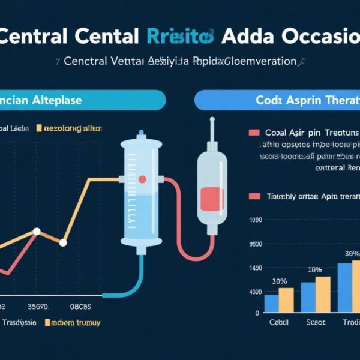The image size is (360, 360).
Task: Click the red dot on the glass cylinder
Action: [x=142, y=179]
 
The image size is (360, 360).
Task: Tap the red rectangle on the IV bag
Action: [x=212, y=199]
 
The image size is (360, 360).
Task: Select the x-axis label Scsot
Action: [x=315, y=322]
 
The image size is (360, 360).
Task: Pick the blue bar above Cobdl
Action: [x=271, y=303]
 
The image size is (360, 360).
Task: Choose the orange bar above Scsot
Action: [x=323, y=294]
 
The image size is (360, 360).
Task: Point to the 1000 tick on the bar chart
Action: [x=254, y=220]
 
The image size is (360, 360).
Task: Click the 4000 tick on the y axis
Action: [x=254, y=292]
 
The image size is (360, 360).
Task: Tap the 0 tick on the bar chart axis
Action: [x=257, y=313]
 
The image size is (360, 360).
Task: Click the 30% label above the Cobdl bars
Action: [x=279, y=281]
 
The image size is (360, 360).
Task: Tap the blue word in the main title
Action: [x=179, y=36]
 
